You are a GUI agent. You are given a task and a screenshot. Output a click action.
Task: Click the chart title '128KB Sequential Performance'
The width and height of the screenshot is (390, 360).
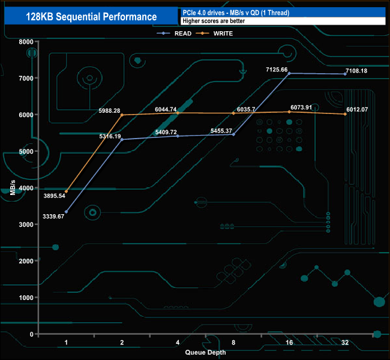91,17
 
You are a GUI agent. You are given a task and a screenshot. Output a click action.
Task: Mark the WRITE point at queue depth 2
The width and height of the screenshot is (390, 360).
122,115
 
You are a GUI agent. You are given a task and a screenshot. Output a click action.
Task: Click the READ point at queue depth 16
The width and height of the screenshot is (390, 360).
289,73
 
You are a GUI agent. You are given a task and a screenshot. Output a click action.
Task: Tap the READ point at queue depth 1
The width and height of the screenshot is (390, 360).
66,212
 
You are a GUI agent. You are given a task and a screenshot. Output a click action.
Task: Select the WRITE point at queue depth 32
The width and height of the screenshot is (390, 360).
345,114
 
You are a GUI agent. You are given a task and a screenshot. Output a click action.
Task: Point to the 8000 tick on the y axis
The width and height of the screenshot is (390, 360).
26,41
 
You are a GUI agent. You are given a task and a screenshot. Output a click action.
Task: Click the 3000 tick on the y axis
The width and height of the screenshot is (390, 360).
26,224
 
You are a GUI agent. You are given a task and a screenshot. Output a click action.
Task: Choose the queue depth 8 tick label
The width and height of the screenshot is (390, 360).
233,343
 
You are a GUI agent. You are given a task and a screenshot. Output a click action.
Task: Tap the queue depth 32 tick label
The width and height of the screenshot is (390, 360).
345,343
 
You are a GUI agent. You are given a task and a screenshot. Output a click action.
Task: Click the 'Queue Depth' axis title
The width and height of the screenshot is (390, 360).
206,352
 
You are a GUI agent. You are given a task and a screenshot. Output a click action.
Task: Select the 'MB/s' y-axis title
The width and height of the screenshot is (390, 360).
12,187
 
